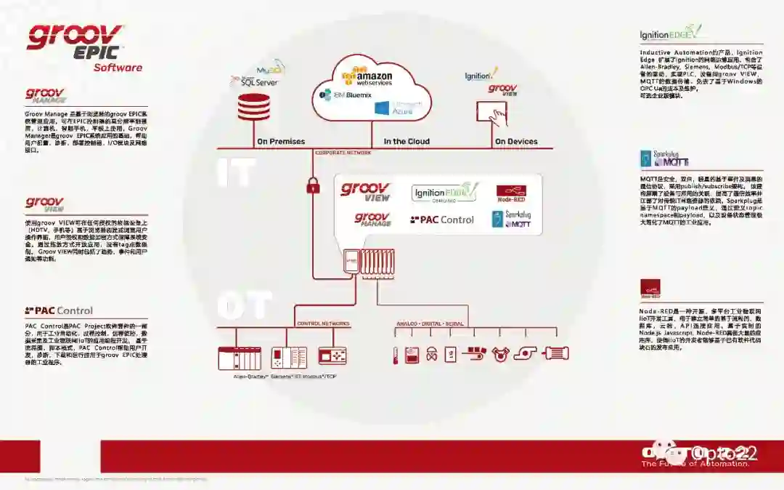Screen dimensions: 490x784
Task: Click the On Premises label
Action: pyautogui.click(x=281, y=141)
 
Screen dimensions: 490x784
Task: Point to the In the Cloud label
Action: pyautogui.click(x=407, y=141)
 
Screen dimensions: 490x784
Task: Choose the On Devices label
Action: pyautogui.click(x=516, y=141)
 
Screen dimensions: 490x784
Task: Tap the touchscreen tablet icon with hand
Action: pyautogui.click(x=491, y=111)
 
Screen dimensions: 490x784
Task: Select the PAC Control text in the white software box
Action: pyautogui.click(x=442, y=220)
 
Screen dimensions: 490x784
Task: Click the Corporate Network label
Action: pyautogui.click(x=343, y=153)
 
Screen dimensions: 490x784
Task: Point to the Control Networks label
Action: pyautogui.click(x=323, y=324)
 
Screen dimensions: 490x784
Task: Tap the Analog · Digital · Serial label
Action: pyautogui.click(x=430, y=324)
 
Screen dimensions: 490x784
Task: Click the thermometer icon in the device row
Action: pyautogui.click(x=394, y=354)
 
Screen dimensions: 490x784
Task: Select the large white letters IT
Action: pyautogui.click(x=237, y=172)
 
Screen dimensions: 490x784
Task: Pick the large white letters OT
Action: pyautogui.click(x=244, y=305)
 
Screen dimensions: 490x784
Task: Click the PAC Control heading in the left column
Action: pyautogui.click(x=59, y=310)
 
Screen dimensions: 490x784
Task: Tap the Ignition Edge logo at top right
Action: pyautogui.click(x=671, y=33)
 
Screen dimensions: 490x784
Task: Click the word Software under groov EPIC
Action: pyautogui.click(x=118, y=68)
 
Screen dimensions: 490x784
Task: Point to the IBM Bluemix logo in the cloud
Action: pyautogui.click(x=345, y=95)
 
